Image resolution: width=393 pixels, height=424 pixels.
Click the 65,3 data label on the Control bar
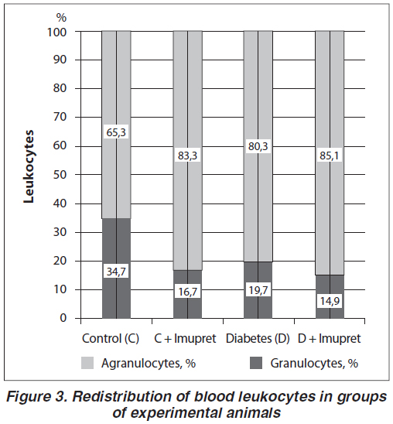[x=116, y=132]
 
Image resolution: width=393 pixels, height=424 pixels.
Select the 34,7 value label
[x=116, y=272]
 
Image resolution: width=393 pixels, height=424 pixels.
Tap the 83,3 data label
[x=187, y=156]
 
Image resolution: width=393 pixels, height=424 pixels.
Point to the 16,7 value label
[x=187, y=292]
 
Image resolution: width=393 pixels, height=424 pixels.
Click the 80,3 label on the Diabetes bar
[x=258, y=146]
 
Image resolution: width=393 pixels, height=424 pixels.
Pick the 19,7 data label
[x=258, y=290]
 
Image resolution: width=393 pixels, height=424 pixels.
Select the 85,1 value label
[x=330, y=156]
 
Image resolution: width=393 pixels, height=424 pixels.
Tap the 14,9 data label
[x=330, y=301]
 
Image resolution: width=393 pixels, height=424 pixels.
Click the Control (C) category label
[x=111, y=339]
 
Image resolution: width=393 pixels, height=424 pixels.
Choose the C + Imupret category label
[x=185, y=339]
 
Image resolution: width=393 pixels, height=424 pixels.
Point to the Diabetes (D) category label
[x=258, y=339]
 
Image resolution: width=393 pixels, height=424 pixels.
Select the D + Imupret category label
[x=330, y=339]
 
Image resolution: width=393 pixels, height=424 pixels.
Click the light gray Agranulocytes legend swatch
[x=87, y=363]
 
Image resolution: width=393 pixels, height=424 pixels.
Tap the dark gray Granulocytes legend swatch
[x=256, y=363]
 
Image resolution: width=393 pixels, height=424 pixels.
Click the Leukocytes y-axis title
[x=29, y=166]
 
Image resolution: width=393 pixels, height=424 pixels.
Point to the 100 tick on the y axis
[x=57, y=32]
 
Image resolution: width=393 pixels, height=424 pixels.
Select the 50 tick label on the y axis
[x=60, y=175]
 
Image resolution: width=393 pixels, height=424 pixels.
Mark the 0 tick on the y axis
[x=63, y=318]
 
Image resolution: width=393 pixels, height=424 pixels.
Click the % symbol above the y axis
[x=61, y=18]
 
